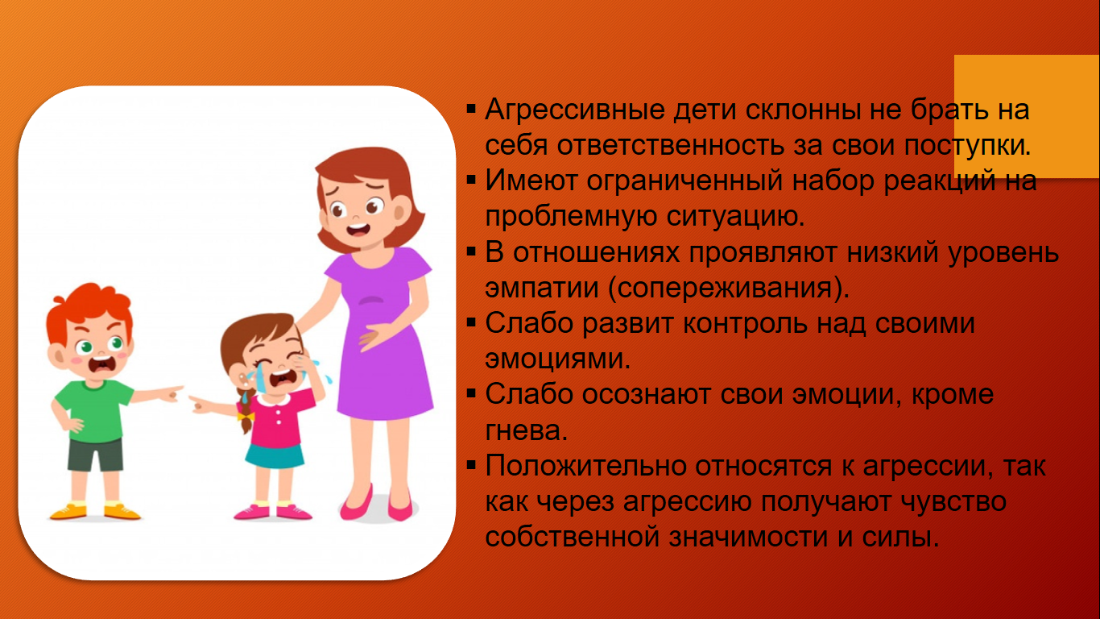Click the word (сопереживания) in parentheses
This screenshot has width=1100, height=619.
[x=729, y=288]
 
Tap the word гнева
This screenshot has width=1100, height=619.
[x=526, y=430]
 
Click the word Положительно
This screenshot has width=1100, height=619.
[x=586, y=466]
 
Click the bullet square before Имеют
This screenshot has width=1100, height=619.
[x=471, y=181]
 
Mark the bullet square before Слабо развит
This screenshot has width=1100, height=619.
[x=471, y=323]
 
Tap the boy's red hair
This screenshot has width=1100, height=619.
[x=88, y=307]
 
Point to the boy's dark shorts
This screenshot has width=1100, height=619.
[x=95, y=455]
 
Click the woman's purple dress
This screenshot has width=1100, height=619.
[x=381, y=334]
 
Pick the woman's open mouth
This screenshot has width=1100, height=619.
[x=358, y=229]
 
